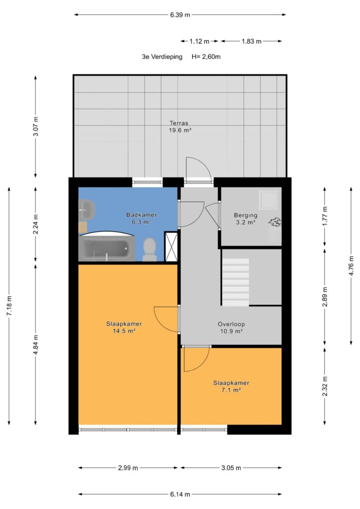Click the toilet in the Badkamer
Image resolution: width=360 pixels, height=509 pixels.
(149, 250)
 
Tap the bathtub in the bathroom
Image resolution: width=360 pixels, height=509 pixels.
(107, 249)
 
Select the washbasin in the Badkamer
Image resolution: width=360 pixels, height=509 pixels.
(87, 210)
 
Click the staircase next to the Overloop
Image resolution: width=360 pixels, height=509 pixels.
(235, 282)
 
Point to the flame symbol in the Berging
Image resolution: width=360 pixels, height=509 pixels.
(274, 222)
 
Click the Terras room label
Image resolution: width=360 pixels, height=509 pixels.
(179, 123)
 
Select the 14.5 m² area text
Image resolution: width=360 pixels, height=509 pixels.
(124, 331)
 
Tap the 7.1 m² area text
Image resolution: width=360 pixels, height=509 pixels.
(231, 390)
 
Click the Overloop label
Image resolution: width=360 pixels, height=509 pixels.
(231, 324)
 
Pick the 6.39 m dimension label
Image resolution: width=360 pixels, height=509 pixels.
(180, 14)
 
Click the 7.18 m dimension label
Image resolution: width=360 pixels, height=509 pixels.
(9, 306)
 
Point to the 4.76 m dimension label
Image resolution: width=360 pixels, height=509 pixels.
(351, 265)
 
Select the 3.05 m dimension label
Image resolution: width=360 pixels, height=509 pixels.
(231, 468)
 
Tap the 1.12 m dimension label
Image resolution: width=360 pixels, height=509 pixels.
(199, 41)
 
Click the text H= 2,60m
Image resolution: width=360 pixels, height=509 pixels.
(206, 57)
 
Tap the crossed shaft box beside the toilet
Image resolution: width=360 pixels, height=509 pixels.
(171, 246)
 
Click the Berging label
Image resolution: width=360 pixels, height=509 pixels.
(246, 215)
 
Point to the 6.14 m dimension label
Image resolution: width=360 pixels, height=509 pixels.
(180, 495)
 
